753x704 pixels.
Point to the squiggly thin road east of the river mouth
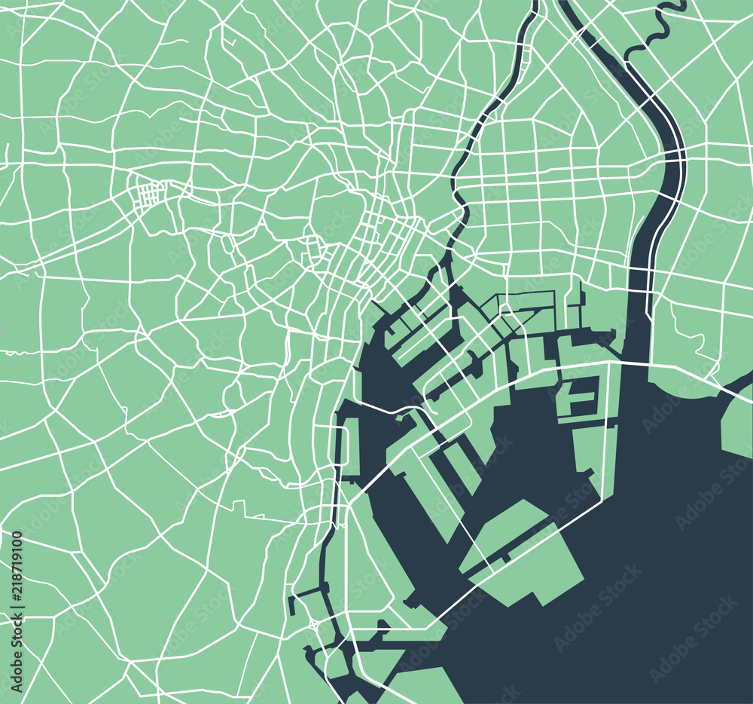pyautogui.click(x=693, y=332)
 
